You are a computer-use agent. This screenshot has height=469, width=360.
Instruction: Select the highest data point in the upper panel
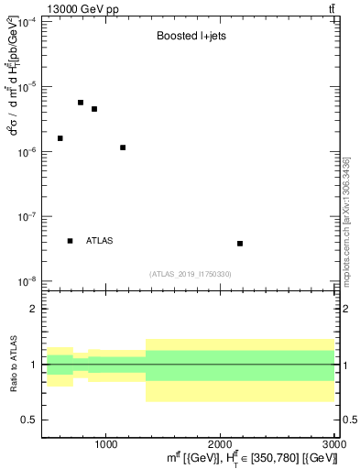coord(81,103)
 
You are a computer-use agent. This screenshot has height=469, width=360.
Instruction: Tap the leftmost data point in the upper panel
coord(60,138)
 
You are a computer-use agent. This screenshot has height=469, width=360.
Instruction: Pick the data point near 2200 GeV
coord(240,244)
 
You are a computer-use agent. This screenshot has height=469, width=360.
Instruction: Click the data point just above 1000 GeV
coord(123,147)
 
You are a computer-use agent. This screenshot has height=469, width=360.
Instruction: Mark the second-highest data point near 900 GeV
coord(94,109)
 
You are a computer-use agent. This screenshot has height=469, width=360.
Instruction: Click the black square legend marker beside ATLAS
coord(70,241)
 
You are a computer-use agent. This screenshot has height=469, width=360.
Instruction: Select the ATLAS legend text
coord(99,241)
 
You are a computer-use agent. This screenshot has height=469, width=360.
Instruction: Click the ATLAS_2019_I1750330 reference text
coord(191,274)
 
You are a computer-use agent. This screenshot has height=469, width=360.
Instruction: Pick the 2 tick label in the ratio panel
coord(34,310)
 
